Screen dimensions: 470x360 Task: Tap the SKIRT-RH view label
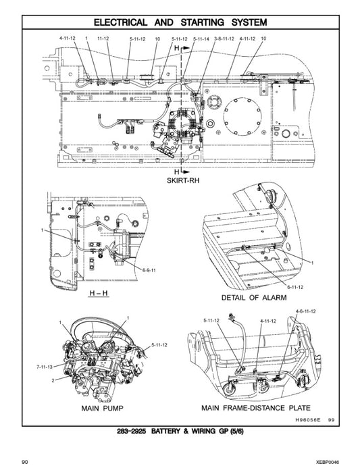[x=180, y=182]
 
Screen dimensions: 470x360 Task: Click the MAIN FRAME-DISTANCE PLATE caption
[x=256, y=408]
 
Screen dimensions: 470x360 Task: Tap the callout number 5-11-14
[x=201, y=39]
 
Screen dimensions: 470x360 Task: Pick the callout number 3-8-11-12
[x=224, y=39]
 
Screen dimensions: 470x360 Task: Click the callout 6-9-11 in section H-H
[x=149, y=269]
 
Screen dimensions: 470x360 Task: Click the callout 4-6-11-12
[x=305, y=311]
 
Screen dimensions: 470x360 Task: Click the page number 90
[x=24, y=462]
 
